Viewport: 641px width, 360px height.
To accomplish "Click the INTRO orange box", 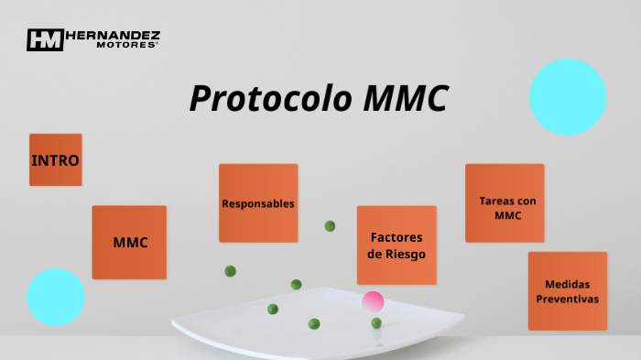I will [55, 160].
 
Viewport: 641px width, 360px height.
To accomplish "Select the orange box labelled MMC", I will [129, 243].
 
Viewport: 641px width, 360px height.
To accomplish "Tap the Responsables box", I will [258, 203].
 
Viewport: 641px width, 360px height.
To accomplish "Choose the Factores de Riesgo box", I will [397, 245].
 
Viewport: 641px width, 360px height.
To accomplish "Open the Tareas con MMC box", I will [505, 203].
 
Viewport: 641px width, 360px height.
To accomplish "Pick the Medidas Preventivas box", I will [567, 291].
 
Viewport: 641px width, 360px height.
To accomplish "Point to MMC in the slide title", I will [406, 99].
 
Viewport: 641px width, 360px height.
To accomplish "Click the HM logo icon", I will [44, 39].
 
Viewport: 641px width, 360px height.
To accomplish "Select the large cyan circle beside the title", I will [568, 97].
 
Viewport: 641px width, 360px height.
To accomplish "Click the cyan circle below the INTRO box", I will [56, 297].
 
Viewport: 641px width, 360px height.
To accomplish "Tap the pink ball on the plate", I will [373, 301].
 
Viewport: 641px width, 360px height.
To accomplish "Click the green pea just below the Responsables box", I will [231, 271].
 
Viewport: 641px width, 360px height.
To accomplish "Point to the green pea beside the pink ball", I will [376, 322].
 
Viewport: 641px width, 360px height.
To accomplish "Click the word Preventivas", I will [567, 300].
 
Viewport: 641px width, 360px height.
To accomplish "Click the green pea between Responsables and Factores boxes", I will [330, 225].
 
